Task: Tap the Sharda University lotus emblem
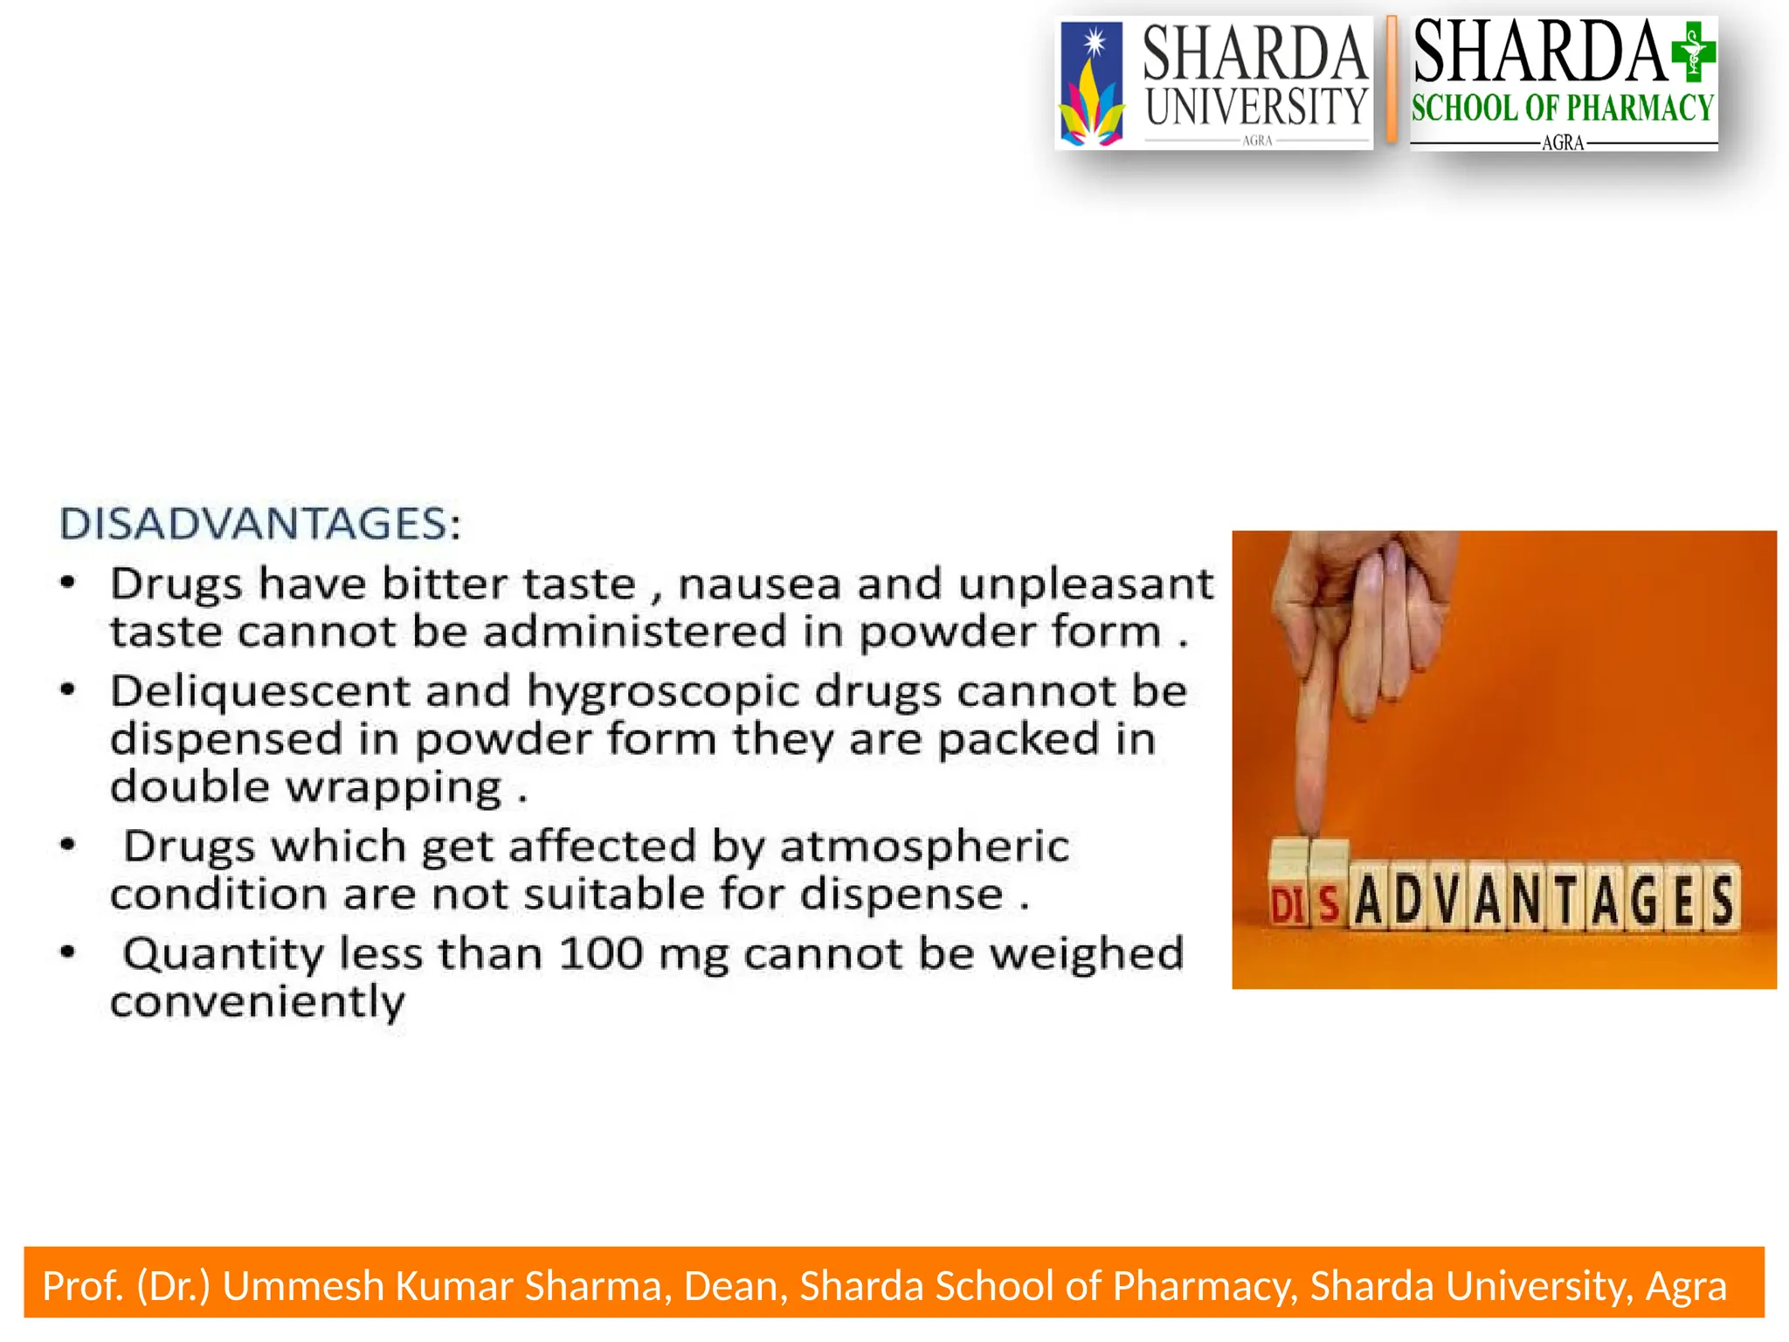(1090, 86)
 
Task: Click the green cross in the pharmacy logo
(1693, 52)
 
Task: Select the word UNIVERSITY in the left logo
(1255, 107)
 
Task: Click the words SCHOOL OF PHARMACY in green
(1562, 108)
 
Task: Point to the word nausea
(759, 584)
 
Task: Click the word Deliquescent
(259, 691)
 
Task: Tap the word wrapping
(394, 788)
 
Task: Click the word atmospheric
(924, 847)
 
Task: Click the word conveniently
(258, 1001)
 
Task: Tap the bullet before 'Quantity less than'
(68, 951)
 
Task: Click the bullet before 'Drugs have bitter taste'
(68, 582)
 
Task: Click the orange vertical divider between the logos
(1391, 80)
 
